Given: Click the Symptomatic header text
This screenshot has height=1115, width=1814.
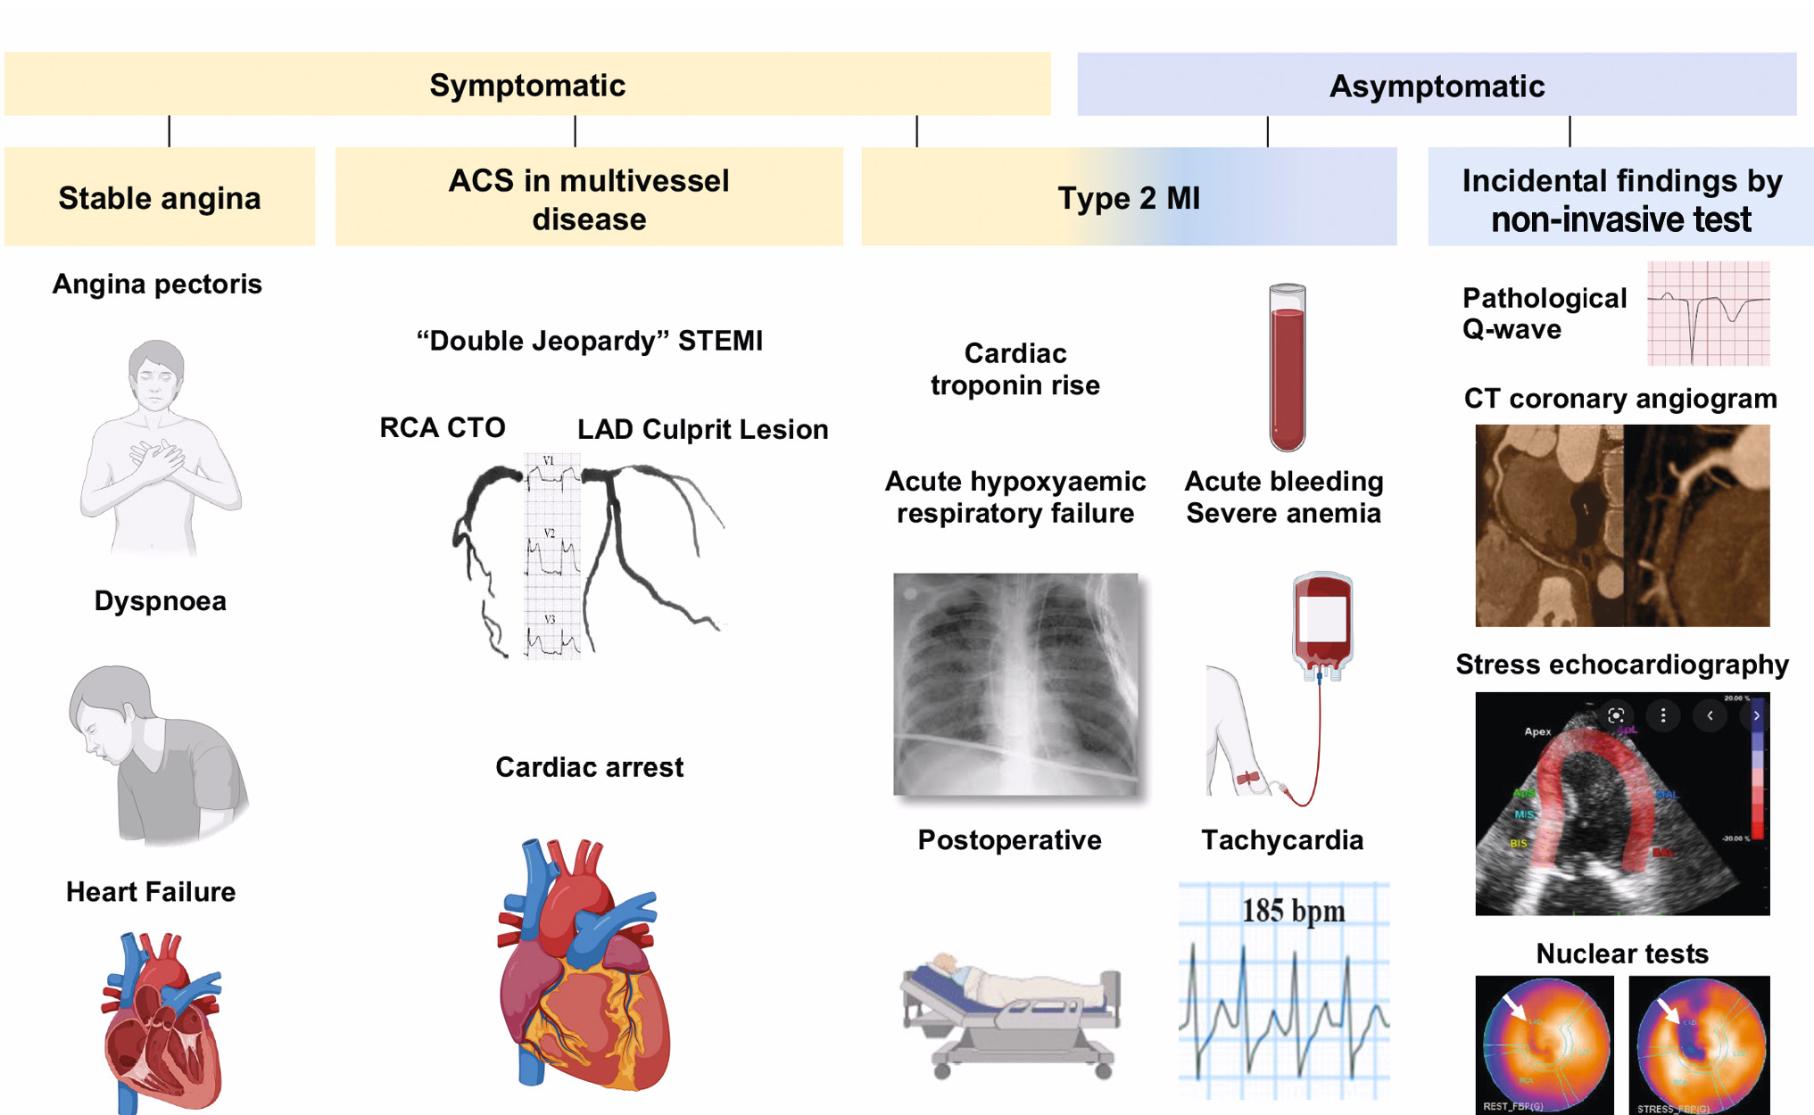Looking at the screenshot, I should tap(527, 86).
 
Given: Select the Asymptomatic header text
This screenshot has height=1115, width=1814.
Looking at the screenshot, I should tap(1437, 87).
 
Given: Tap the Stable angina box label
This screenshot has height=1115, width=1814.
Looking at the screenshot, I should tap(160, 198).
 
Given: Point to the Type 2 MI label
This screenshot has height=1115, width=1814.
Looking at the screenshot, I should tap(1129, 198).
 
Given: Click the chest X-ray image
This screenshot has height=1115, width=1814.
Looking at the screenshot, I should tap(1015, 683).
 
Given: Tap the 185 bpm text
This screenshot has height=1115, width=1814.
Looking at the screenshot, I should tap(1293, 911).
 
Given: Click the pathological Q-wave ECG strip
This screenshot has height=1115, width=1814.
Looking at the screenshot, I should tap(1708, 313).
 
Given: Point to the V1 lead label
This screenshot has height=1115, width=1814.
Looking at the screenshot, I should tap(549, 461).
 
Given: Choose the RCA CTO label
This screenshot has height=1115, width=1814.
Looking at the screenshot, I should tap(443, 428).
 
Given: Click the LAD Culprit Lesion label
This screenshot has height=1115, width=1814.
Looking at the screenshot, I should tap(702, 430).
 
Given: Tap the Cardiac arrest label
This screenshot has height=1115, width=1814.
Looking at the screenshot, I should tap(589, 767).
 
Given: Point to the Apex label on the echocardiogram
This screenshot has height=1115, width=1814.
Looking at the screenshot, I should tap(1537, 731).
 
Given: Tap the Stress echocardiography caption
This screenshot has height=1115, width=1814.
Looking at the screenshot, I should tap(1621, 665).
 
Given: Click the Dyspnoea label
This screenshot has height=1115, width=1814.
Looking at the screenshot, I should tap(161, 601).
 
